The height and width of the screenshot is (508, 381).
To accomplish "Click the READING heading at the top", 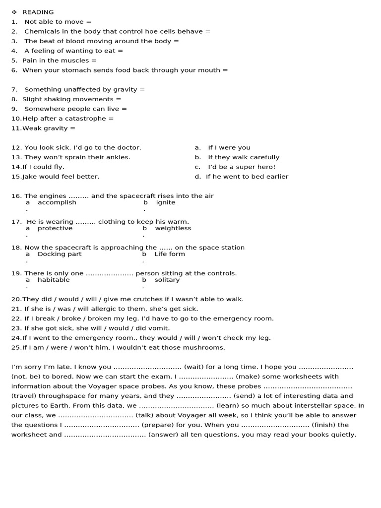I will (38, 12).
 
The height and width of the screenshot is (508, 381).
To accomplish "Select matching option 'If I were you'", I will (229, 147).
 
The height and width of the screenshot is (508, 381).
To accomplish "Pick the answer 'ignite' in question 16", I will (166, 202).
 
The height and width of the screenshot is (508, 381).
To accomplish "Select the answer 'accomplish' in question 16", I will (57, 202).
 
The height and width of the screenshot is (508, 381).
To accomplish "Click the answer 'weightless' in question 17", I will (173, 228).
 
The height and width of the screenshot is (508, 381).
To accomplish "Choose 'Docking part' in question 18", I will (60, 254).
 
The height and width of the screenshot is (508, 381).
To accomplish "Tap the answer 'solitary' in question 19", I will (167, 280).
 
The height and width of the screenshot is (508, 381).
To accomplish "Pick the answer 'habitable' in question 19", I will (54, 280).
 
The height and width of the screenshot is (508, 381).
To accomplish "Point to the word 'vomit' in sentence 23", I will (159, 328).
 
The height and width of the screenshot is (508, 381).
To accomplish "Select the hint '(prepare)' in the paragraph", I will (157, 425).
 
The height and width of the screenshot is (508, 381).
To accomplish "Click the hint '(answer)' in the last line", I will (162, 435).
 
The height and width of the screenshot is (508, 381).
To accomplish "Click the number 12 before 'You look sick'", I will (16, 147).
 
